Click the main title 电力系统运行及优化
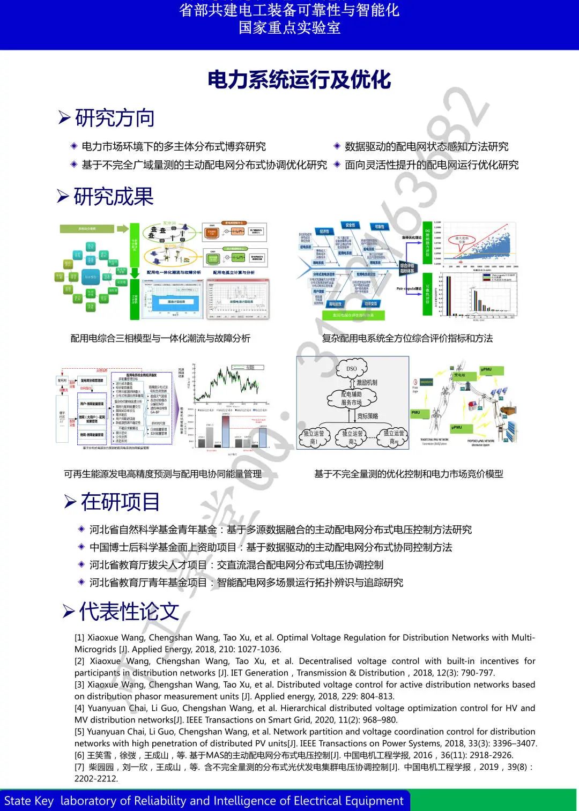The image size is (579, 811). [x=299, y=80]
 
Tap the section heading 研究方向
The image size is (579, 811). [x=115, y=118]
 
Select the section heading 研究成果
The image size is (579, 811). [x=114, y=197]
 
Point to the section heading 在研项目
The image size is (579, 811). [x=120, y=502]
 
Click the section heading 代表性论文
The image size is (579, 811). [x=129, y=611]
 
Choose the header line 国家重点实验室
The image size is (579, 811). [x=289, y=28]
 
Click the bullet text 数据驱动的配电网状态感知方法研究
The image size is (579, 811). [x=426, y=146]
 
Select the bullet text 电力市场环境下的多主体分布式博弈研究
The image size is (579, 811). [x=173, y=146]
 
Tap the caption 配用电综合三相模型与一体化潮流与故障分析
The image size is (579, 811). [x=160, y=338]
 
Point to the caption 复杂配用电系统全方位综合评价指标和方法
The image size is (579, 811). [x=407, y=338]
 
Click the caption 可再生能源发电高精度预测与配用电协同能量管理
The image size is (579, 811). [x=162, y=474]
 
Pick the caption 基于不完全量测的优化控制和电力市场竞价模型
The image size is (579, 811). [x=409, y=474]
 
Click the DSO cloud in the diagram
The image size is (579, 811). [x=352, y=369]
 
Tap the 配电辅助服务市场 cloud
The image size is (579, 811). [x=352, y=398]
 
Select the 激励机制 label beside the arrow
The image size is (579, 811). [x=367, y=383]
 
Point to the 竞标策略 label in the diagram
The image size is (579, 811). [x=368, y=416]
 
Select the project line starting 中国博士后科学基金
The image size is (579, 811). [x=271, y=547]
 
